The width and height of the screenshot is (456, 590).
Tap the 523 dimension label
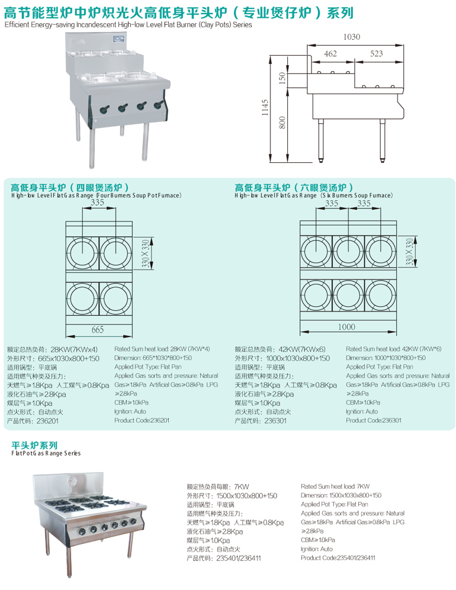376,54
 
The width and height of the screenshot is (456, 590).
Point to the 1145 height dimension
265,108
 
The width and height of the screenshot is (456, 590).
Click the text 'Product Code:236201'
142,420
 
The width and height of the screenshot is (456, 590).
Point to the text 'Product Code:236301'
374,420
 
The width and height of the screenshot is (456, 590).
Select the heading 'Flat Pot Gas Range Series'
46,453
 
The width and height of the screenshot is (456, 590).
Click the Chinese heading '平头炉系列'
35,444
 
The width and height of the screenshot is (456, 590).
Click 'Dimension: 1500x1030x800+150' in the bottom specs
341,495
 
